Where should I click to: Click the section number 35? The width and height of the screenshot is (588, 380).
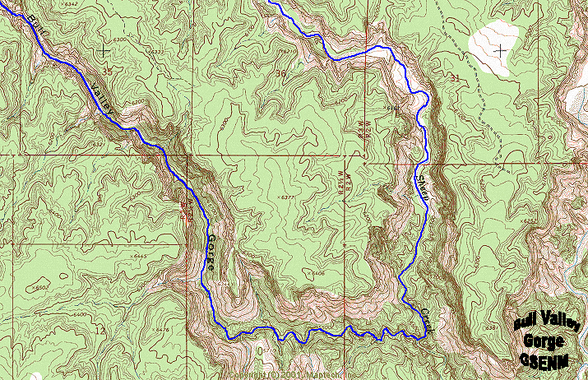click(106, 73)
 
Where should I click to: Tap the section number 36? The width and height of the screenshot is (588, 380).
click(284, 74)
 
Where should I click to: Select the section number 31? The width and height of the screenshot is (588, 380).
click(456, 77)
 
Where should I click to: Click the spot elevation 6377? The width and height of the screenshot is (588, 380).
click(287, 197)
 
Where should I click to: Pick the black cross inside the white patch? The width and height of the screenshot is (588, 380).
click(501, 49)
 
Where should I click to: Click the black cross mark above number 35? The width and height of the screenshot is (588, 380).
click(103, 51)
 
